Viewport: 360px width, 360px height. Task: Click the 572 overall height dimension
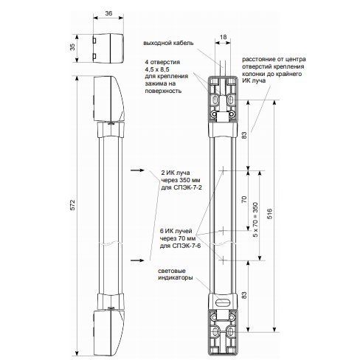click(72, 204)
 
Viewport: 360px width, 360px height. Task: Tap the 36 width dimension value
click(108, 13)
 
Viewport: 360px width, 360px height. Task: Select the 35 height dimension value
click(72, 47)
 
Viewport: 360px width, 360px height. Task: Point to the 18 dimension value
click(223, 37)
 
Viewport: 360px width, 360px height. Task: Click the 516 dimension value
click(269, 213)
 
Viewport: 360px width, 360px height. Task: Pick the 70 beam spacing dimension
click(244, 199)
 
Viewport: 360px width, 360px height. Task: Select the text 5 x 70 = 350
click(256, 220)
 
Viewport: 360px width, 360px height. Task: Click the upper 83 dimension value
click(244, 135)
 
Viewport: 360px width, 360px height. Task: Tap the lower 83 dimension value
click(244, 295)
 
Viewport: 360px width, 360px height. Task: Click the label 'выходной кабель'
click(168, 43)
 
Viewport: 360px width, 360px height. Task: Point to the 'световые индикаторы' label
click(175, 274)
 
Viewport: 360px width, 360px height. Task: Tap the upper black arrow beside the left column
click(137, 170)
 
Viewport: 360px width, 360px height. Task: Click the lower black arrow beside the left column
click(137, 260)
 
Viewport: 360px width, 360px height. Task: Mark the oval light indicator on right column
click(223, 302)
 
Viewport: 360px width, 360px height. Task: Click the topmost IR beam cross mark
click(223, 170)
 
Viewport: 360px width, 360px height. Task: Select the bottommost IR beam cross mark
click(223, 260)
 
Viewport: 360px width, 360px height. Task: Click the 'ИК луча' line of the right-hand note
click(254, 80)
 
